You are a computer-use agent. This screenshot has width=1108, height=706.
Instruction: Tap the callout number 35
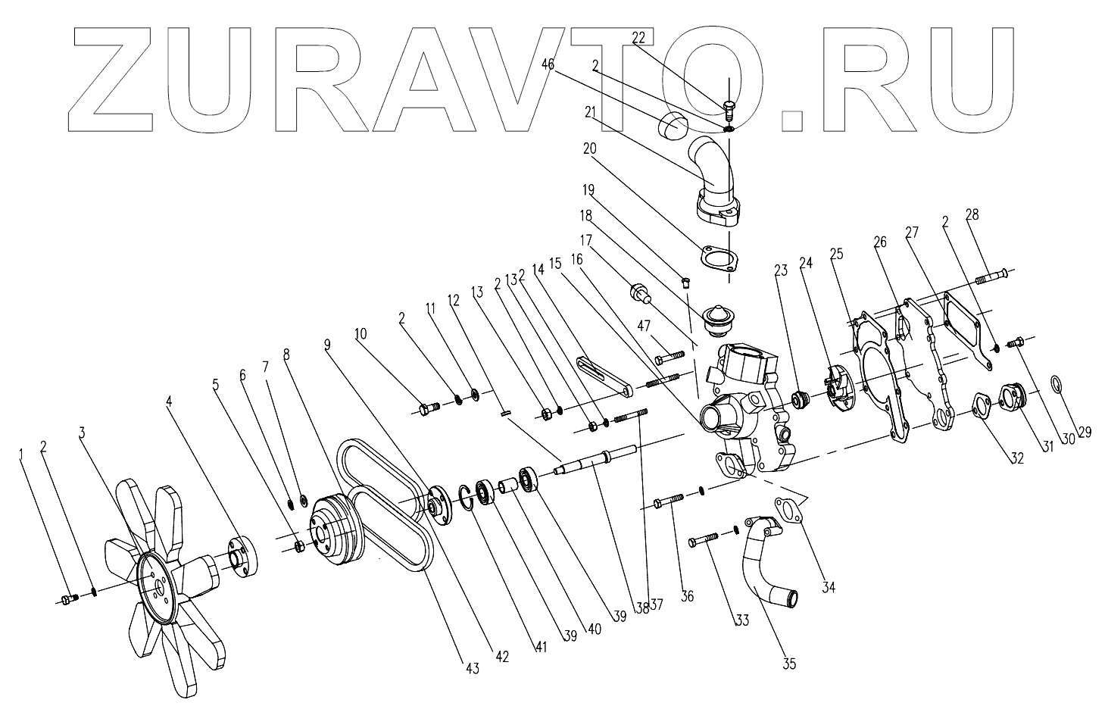[789, 664]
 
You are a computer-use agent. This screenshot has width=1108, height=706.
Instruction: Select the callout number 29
[1085, 433]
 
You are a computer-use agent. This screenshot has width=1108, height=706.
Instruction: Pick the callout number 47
[644, 326]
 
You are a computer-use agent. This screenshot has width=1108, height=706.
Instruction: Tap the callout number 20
[589, 149]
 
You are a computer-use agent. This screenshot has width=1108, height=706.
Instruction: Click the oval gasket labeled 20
[719, 259]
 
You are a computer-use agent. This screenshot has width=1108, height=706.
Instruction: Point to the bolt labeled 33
[704, 541]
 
